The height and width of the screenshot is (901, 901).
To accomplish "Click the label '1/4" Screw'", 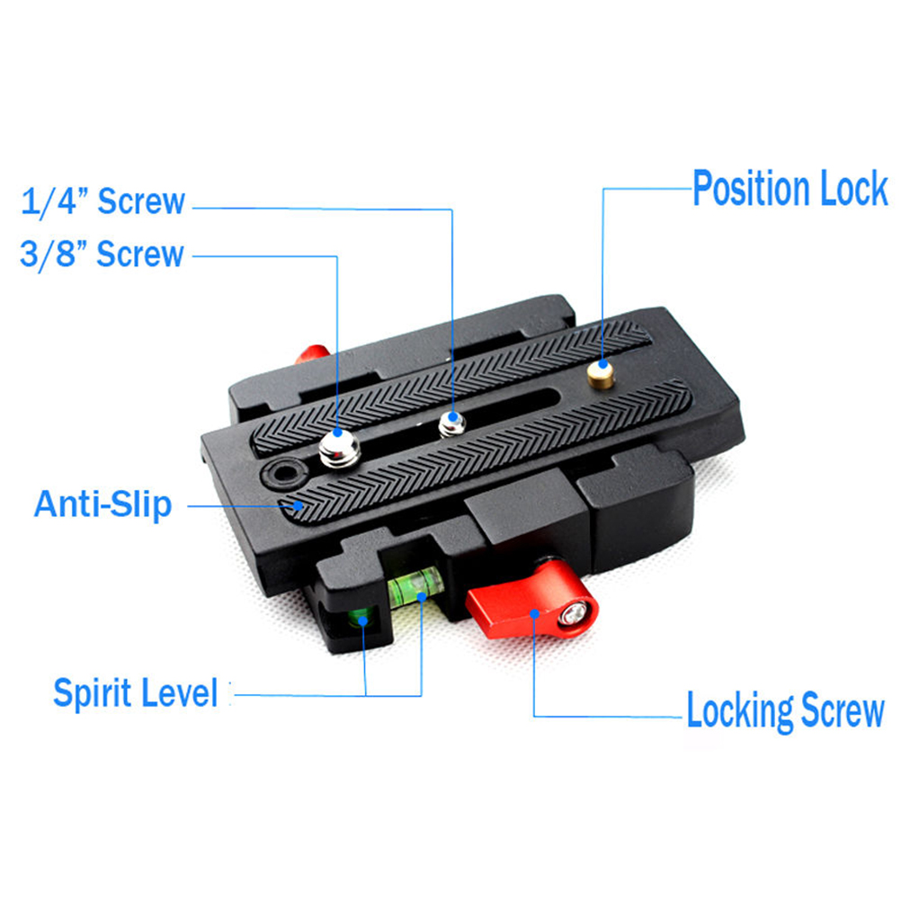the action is click(103, 201).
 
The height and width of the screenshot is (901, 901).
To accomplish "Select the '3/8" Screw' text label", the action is click(102, 254).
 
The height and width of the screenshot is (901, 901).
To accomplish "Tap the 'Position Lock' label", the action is click(790, 189).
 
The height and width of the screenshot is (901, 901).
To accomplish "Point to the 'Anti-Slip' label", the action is click(103, 504).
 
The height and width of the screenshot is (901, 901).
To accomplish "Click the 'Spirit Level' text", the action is click(135, 693).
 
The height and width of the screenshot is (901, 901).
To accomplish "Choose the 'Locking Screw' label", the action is click(786, 710).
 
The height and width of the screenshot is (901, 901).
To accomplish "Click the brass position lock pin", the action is click(601, 374).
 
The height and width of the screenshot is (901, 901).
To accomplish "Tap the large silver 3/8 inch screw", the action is click(339, 449).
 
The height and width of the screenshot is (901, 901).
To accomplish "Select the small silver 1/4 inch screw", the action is click(452, 424).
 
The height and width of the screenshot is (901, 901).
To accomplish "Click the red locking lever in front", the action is click(531, 602).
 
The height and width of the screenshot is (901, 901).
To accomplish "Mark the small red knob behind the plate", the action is click(312, 354).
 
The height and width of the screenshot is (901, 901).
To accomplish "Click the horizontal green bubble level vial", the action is click(416, 585).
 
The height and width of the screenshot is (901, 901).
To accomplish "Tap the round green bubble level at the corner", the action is click(360, 620).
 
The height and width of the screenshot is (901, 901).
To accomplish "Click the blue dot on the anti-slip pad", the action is click(298, 505).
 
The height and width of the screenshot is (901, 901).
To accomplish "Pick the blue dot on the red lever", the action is click(534, 613).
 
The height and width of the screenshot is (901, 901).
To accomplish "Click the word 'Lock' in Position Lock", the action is click(854, 189).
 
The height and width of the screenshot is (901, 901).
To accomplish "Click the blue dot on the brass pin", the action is click(602, 364).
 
